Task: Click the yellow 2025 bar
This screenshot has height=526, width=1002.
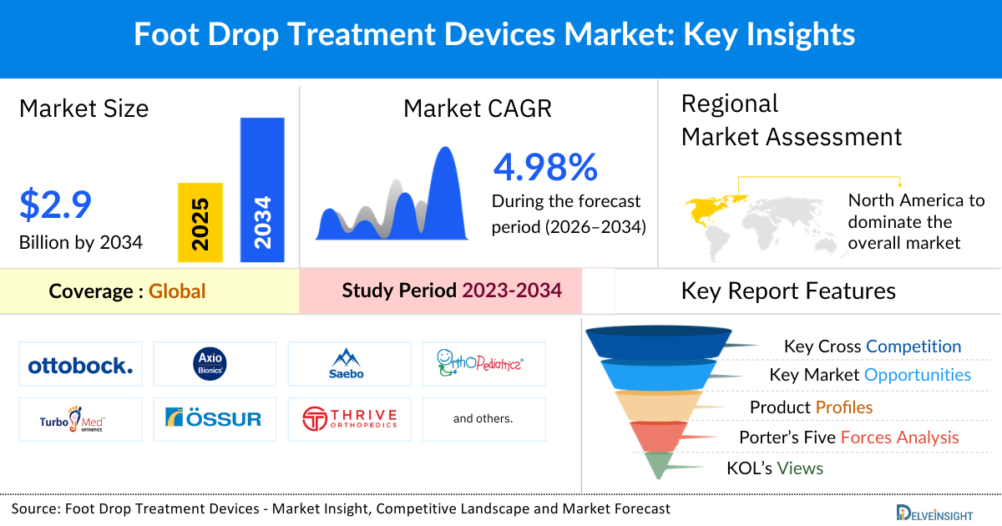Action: coord(200,222)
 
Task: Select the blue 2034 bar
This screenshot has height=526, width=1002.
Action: coord(262,190)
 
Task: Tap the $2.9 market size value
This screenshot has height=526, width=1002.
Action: coord(55,205)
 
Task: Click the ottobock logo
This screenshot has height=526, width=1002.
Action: coord(80,365)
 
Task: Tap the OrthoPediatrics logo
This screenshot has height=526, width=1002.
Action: coord(483,364)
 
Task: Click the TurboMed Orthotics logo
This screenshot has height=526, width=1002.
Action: coord(80,418)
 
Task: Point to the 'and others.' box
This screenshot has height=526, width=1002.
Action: coord(483,418)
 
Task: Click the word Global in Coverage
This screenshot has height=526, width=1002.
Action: coord(177,291)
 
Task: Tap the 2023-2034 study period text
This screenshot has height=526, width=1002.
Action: coord(512,291)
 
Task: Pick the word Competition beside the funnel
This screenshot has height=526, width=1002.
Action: coord(913,346)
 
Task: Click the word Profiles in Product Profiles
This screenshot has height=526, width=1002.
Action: coord(844,407)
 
